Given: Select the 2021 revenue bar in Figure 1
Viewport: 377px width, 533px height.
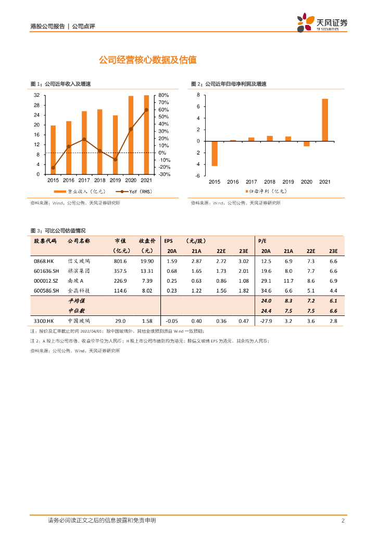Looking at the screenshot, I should click(146, 135).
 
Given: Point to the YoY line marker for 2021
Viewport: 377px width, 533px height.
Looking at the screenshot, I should click(146, 110).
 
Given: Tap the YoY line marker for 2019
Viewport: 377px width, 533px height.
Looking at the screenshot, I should click(115, 159).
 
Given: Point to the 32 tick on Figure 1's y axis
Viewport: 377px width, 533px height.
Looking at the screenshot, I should click(36, 96).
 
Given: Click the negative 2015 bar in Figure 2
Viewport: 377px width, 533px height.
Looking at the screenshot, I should click(215, 153).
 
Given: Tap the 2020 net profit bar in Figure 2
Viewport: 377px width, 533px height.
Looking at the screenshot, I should click(307, 144).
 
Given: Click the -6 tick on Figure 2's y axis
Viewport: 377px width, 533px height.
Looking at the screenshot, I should click(198, 176).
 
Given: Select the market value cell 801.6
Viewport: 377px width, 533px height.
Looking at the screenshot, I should click(120, 261).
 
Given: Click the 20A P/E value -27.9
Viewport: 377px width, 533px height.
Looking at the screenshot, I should click(266, 321).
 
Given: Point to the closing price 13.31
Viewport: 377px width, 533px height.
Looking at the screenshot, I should click(147, 271).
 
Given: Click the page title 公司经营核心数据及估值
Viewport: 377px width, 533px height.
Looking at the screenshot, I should click(147, 60).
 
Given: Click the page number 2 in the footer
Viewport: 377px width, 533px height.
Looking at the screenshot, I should click(343, 521).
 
